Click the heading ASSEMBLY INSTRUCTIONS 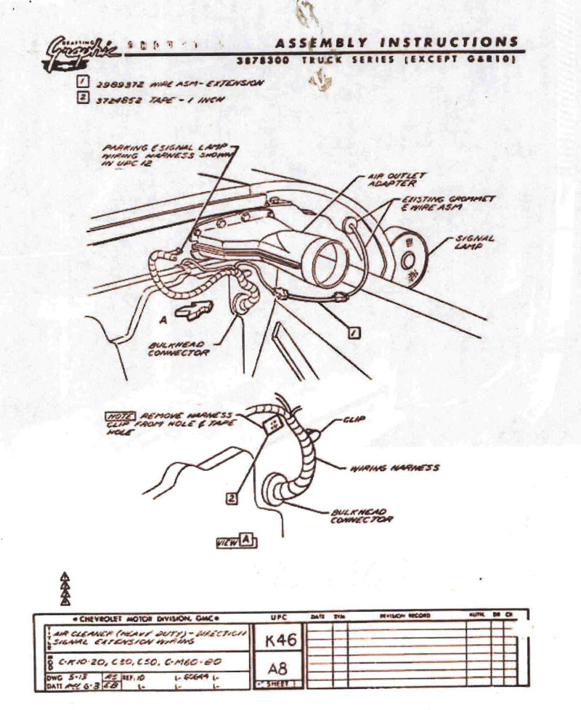(x=398, y=41)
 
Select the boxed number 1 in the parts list (x=83, y=83)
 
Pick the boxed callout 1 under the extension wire (x=354, y=333)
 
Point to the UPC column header (x=277, y=616)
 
